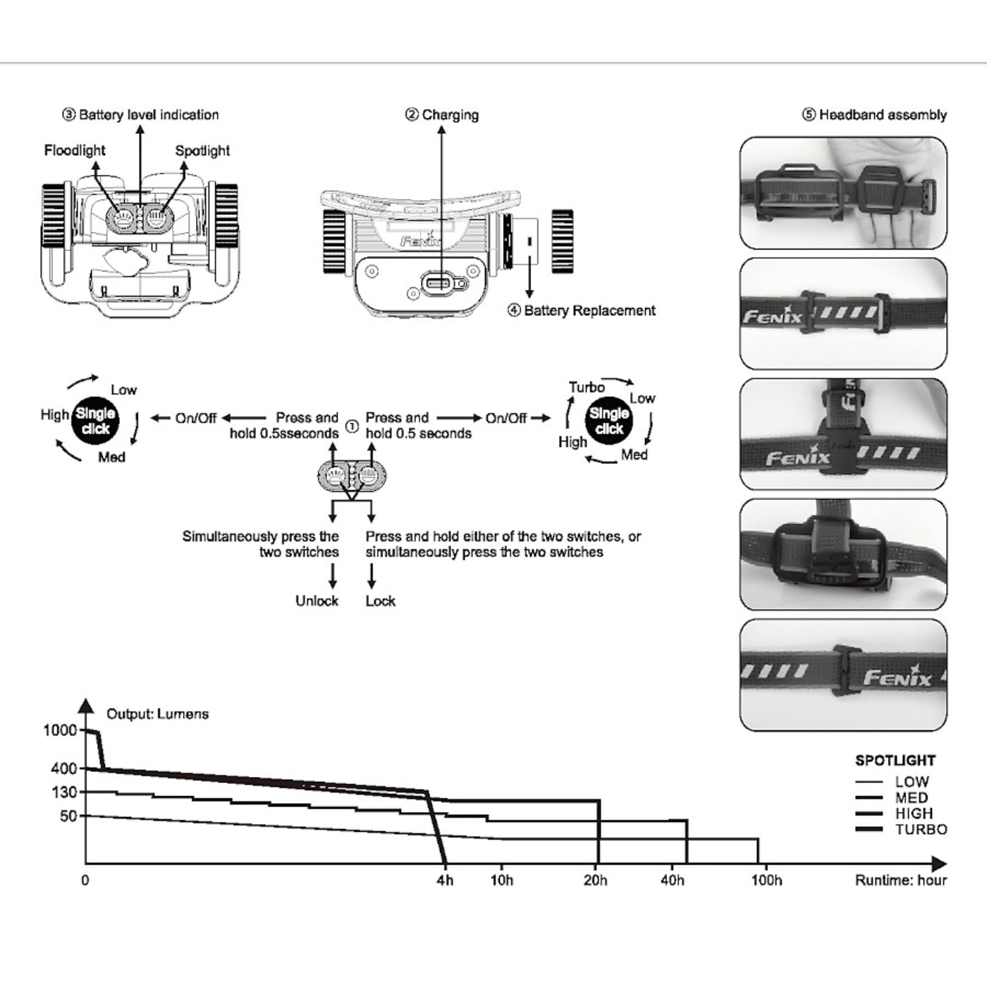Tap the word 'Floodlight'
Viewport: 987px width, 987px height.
75,150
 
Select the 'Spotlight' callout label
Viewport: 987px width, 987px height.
202,151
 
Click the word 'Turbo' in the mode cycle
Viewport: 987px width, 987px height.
587,388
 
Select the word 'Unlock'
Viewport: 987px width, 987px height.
317,601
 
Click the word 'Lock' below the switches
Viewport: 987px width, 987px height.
380,601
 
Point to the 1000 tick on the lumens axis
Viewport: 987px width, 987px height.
60,730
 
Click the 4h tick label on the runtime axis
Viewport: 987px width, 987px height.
445,881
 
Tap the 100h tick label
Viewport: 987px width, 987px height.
766,881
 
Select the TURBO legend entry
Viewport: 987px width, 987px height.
921,830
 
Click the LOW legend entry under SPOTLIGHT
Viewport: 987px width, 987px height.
912,782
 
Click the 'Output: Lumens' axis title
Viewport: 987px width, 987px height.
157,714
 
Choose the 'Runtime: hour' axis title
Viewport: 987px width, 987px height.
900,881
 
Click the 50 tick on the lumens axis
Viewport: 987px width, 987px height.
68,816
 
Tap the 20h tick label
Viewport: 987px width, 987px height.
595,881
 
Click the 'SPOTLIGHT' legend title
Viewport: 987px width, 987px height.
895,761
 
